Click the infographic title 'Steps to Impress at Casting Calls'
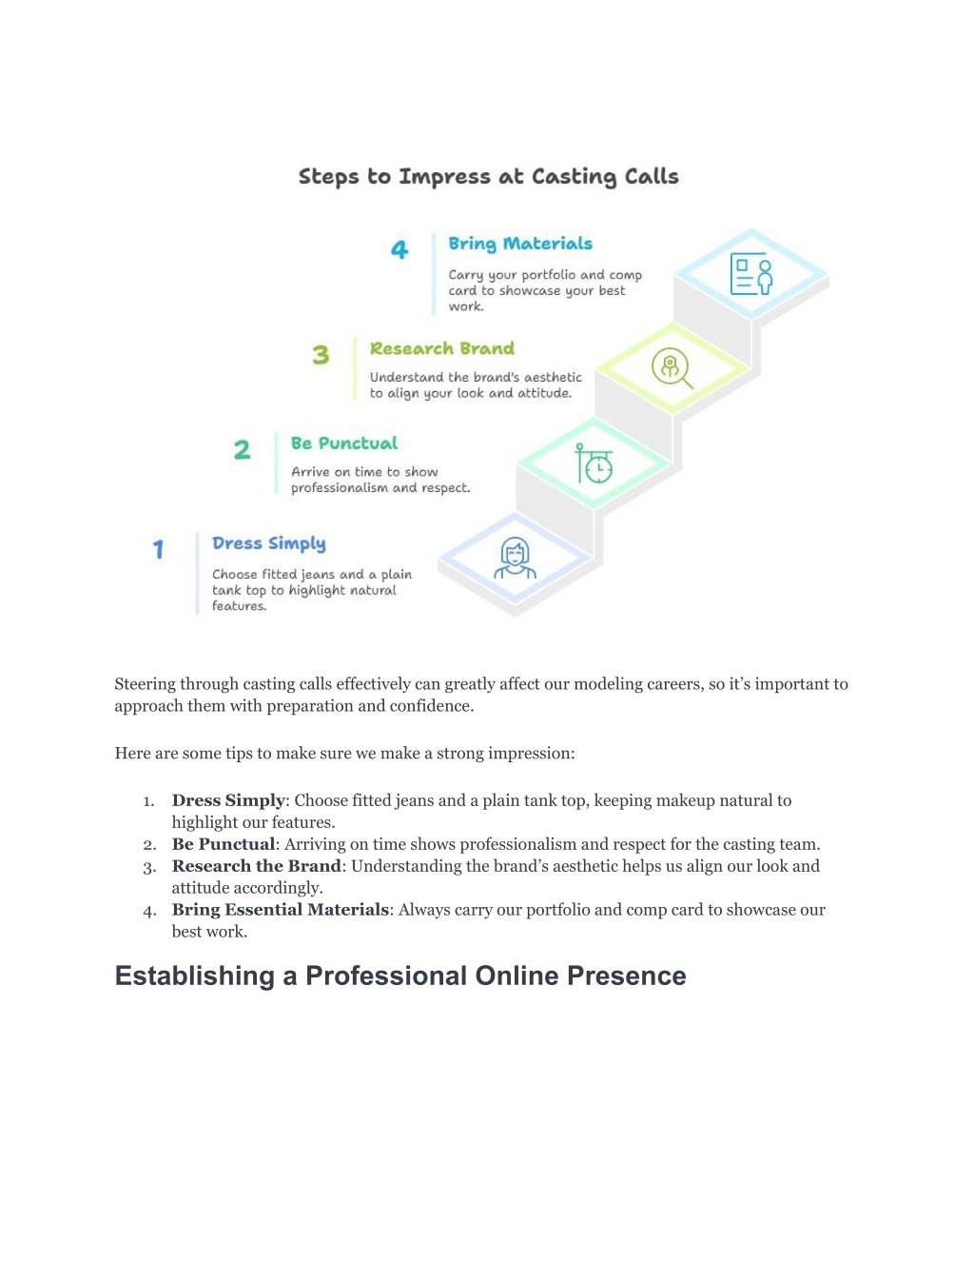point(488,177)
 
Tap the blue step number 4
point(399,249)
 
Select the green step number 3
point(321,354)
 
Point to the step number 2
point(242,449)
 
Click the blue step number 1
point(158,549)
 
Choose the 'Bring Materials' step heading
point(520,244)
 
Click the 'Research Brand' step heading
point(441,348)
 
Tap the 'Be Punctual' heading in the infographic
point(343,443)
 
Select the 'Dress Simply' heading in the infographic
point(268,543)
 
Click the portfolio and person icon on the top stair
point(751,273)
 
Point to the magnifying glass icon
point(672,368)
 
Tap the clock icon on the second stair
point(594,463)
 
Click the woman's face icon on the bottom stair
point(515,558)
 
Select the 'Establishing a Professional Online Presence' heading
point(400,975)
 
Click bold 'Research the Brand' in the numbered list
point(256,866)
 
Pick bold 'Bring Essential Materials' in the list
point(280,909)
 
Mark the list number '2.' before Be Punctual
point(149,844)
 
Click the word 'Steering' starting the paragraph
point(147,684)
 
